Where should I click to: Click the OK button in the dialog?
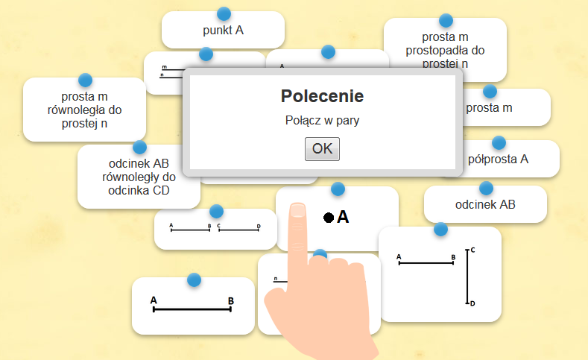322,148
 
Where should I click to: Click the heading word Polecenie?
322,96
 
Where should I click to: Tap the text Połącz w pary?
322,121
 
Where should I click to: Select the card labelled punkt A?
223,31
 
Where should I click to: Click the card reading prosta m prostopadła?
445,51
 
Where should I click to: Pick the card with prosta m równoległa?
84,111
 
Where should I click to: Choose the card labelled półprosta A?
499,159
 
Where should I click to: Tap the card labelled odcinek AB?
485,204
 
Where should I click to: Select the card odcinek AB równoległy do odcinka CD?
138,177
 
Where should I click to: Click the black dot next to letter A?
328,218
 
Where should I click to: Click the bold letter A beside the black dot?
343,217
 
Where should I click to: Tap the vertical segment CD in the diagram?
467,277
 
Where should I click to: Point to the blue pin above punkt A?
223,13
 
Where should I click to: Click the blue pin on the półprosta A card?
499,142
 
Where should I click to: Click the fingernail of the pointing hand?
298,210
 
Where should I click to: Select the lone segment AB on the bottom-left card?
192,309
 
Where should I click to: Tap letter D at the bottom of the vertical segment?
473,303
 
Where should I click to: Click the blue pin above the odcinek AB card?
486,188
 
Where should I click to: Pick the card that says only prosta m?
489,108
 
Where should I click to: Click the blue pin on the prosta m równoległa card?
85,80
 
